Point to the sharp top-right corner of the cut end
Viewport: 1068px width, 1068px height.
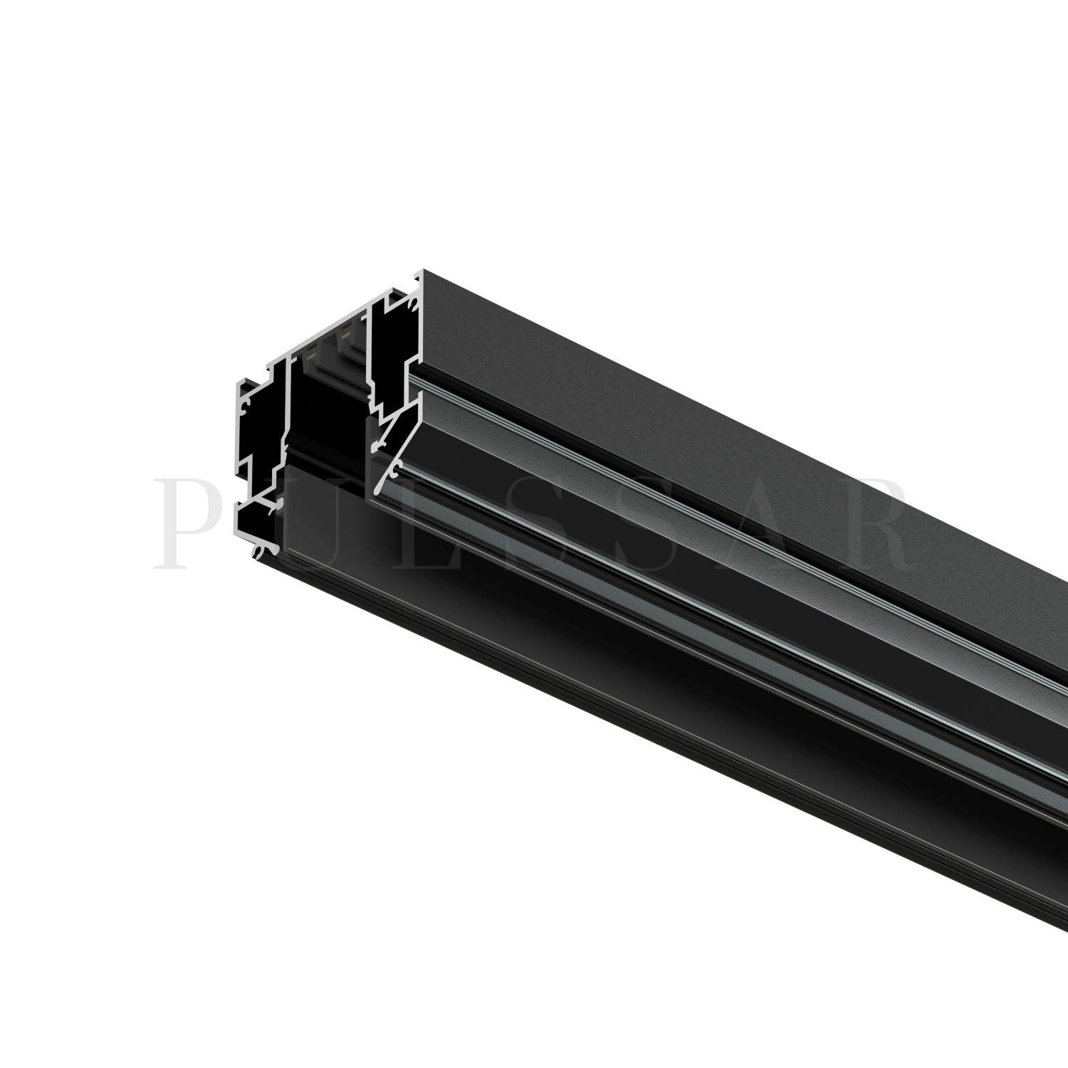tap(423, 271)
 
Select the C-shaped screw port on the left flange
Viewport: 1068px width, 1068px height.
tap(245, 407)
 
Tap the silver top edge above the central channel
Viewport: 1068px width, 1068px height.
tap(328, 335)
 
